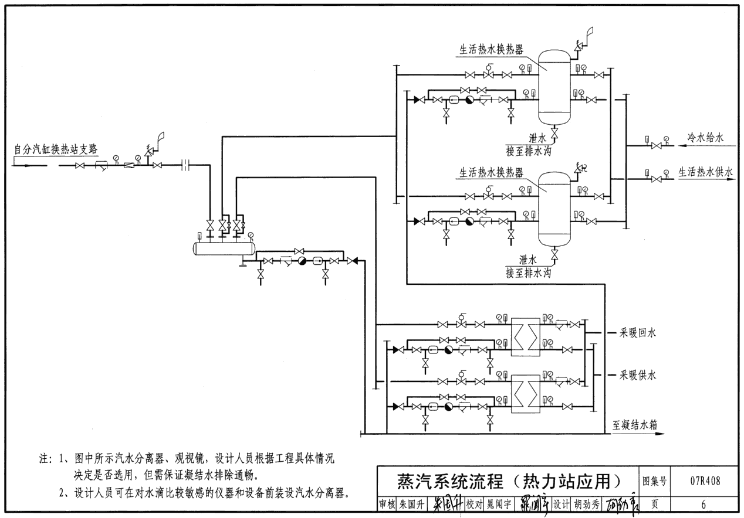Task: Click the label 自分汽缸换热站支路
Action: pos(55,149)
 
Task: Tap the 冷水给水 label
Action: pos(706,138)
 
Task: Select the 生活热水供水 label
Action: pos(706,172)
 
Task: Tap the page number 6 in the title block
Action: pos(704,503)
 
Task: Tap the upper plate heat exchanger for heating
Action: pos(525,337)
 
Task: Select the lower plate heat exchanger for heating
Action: pos(525,394)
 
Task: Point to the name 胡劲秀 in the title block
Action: pos(589,504)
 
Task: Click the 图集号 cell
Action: pos(655,482)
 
